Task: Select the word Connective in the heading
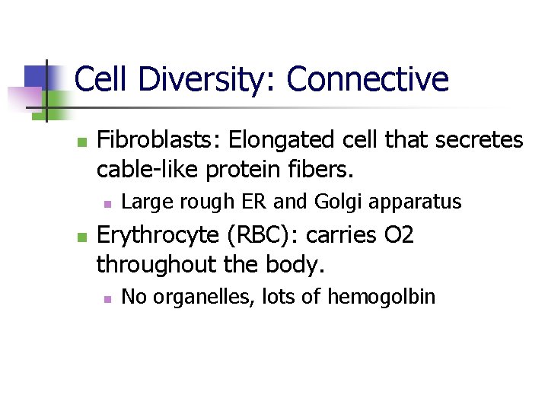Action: pyautogui.click(x=368, y=80)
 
